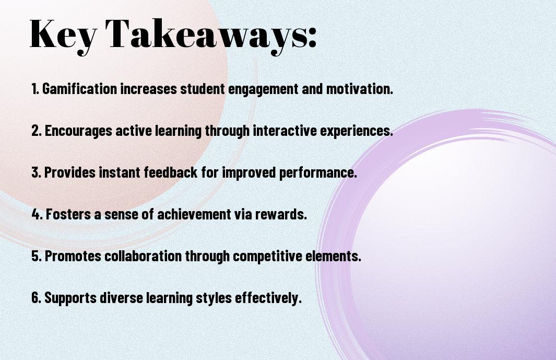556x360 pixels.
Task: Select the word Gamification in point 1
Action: click(x=80, y=89)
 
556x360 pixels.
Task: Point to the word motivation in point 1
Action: click(x=359, y=89)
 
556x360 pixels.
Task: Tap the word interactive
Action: click(x=285, y=131)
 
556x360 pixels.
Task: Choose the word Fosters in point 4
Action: click(x=68, y=214)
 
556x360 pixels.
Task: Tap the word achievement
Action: click(x=194, y=214)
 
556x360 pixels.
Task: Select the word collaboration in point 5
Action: click(x=143, y=256)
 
